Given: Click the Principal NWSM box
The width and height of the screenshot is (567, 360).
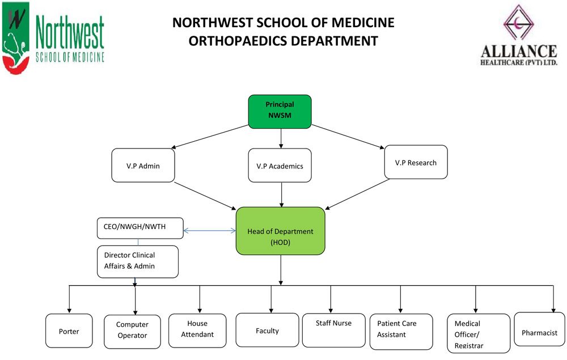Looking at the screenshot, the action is tap(280, 112).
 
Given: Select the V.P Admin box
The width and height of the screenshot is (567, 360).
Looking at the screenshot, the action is tap(143, 165).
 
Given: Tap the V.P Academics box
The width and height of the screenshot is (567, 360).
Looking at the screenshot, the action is tap(280, 165).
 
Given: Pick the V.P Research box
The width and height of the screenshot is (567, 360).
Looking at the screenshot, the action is tap(416, 162).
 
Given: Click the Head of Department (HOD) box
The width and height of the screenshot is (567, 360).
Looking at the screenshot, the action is tap(281, 231).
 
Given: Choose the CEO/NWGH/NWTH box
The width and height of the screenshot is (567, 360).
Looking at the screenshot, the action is tap(140, 228).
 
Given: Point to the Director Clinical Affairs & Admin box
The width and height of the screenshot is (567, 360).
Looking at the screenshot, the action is tap(138, 262).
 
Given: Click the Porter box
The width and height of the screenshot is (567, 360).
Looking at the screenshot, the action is tap(69, 331).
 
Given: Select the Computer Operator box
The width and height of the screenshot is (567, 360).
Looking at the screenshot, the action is tap(132, 332).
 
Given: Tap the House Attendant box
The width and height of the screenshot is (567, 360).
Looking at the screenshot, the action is tap(197, 331).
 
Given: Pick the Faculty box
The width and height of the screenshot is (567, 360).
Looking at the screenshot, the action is tap(267, 330).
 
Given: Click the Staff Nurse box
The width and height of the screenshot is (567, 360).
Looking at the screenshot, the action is tap(334, 331).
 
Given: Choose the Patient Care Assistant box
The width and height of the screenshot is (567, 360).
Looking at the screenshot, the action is tap(401, 332).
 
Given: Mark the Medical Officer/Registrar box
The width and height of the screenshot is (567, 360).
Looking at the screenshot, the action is tap(479, 333).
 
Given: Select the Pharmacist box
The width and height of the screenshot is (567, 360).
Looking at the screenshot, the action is tap(540, 329).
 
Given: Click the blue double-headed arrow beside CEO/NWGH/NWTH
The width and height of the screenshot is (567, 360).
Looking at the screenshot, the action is tap(210, 230).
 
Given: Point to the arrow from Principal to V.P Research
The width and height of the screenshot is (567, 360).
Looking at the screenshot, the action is tap(348, 137).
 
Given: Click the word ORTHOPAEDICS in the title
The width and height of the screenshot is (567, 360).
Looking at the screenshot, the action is tap(238, 41).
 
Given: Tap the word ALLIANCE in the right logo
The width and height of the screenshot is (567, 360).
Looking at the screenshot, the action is tap(519, 52).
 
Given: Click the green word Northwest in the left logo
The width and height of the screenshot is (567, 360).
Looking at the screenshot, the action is tap(70, 32).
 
